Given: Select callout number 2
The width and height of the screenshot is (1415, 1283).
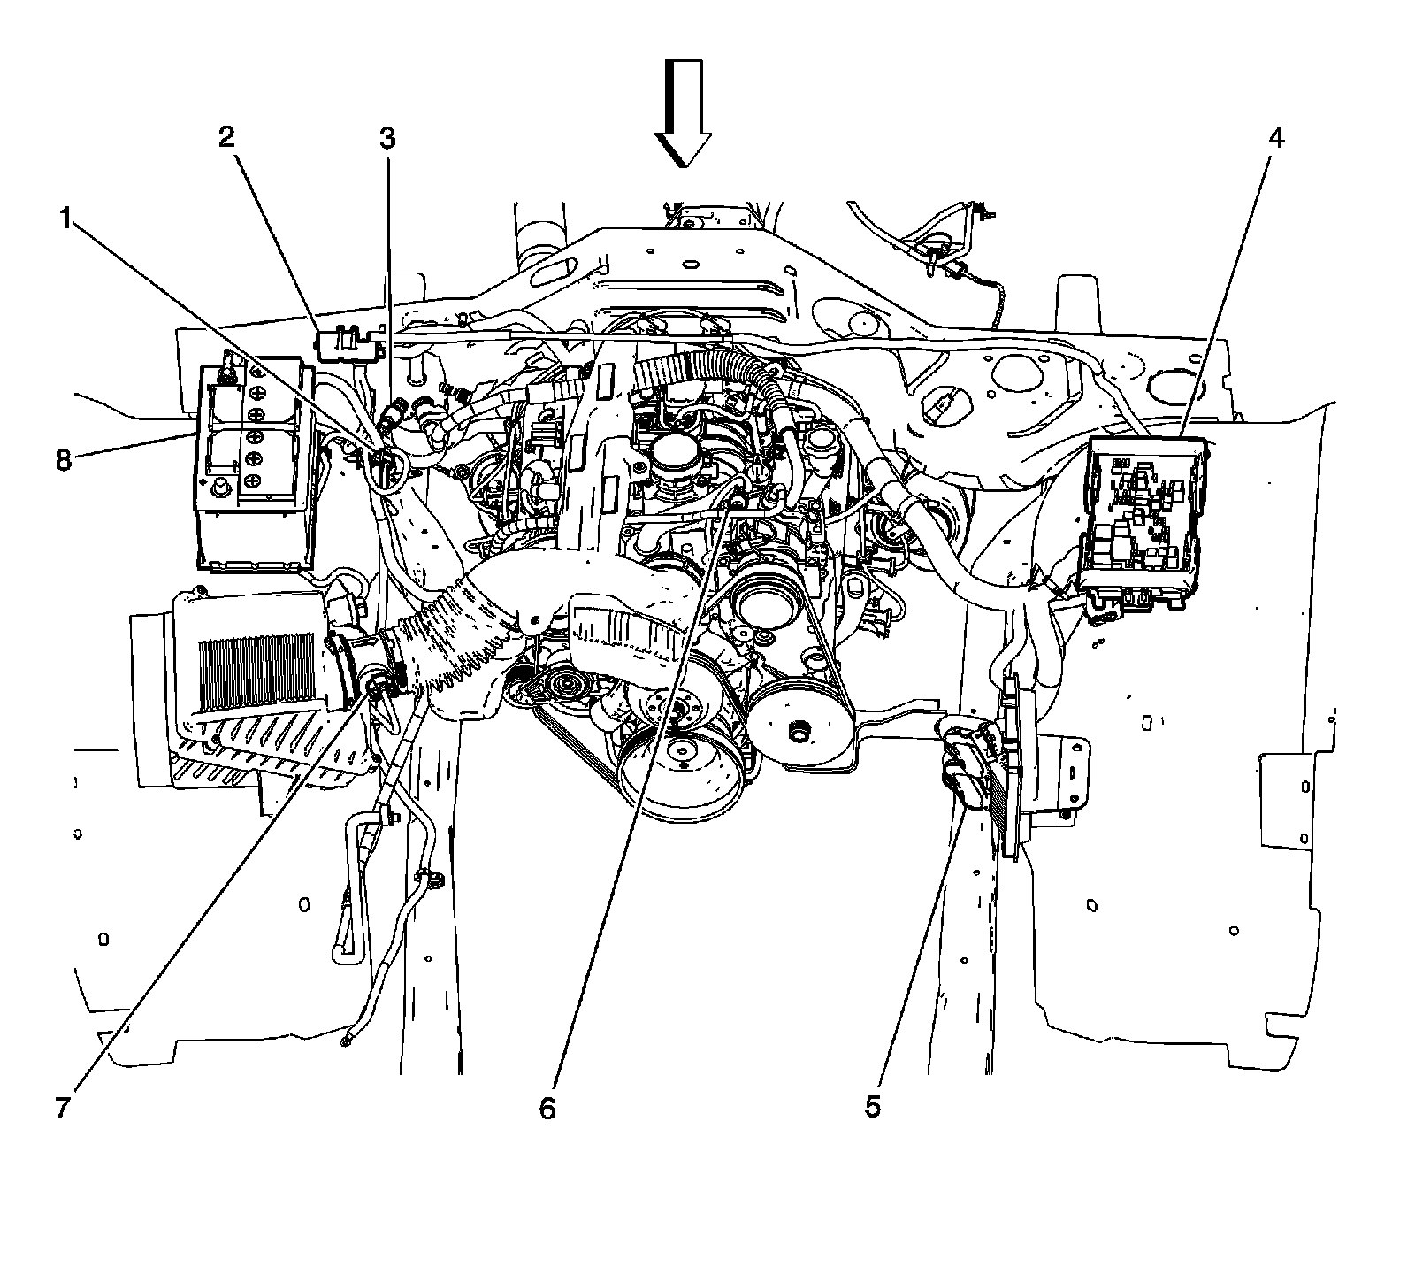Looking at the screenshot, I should tap(227, 137).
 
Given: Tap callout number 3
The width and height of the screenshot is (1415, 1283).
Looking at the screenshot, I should tap(387, 138).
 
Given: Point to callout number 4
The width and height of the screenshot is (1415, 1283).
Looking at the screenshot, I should tap(1275, 138).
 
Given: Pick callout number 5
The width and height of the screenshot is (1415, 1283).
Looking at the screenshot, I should tap(873, 1107).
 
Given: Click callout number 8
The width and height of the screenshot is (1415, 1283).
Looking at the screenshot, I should tap(63, 461).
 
